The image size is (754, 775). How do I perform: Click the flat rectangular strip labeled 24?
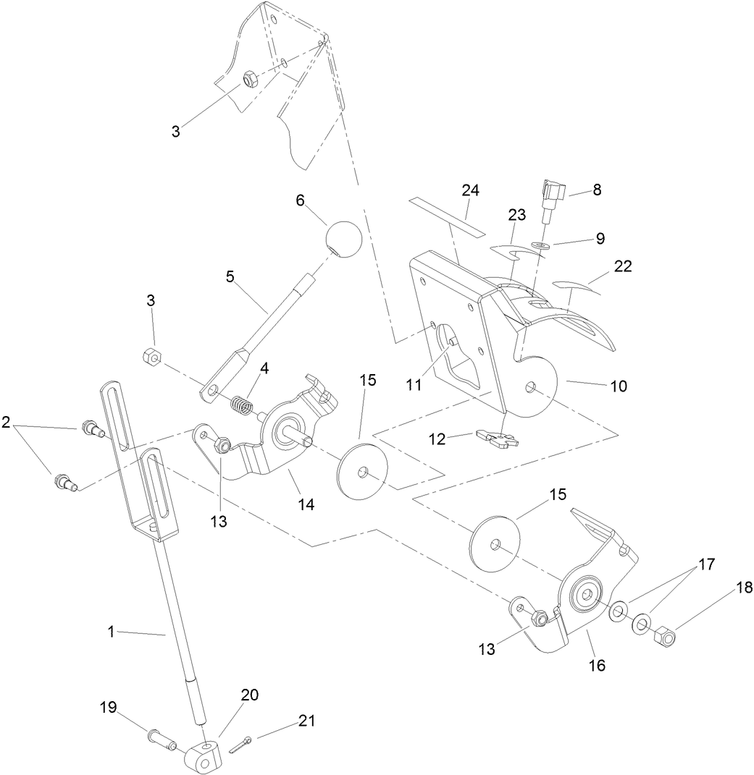point(445,215)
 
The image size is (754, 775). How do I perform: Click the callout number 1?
point(112,632)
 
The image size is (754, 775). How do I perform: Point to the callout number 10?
point(618,386)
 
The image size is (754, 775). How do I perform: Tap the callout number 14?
point(306,504)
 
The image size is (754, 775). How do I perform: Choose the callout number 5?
point(231,276)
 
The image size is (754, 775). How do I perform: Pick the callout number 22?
point(623,266)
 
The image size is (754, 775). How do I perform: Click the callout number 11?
point(414,385)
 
